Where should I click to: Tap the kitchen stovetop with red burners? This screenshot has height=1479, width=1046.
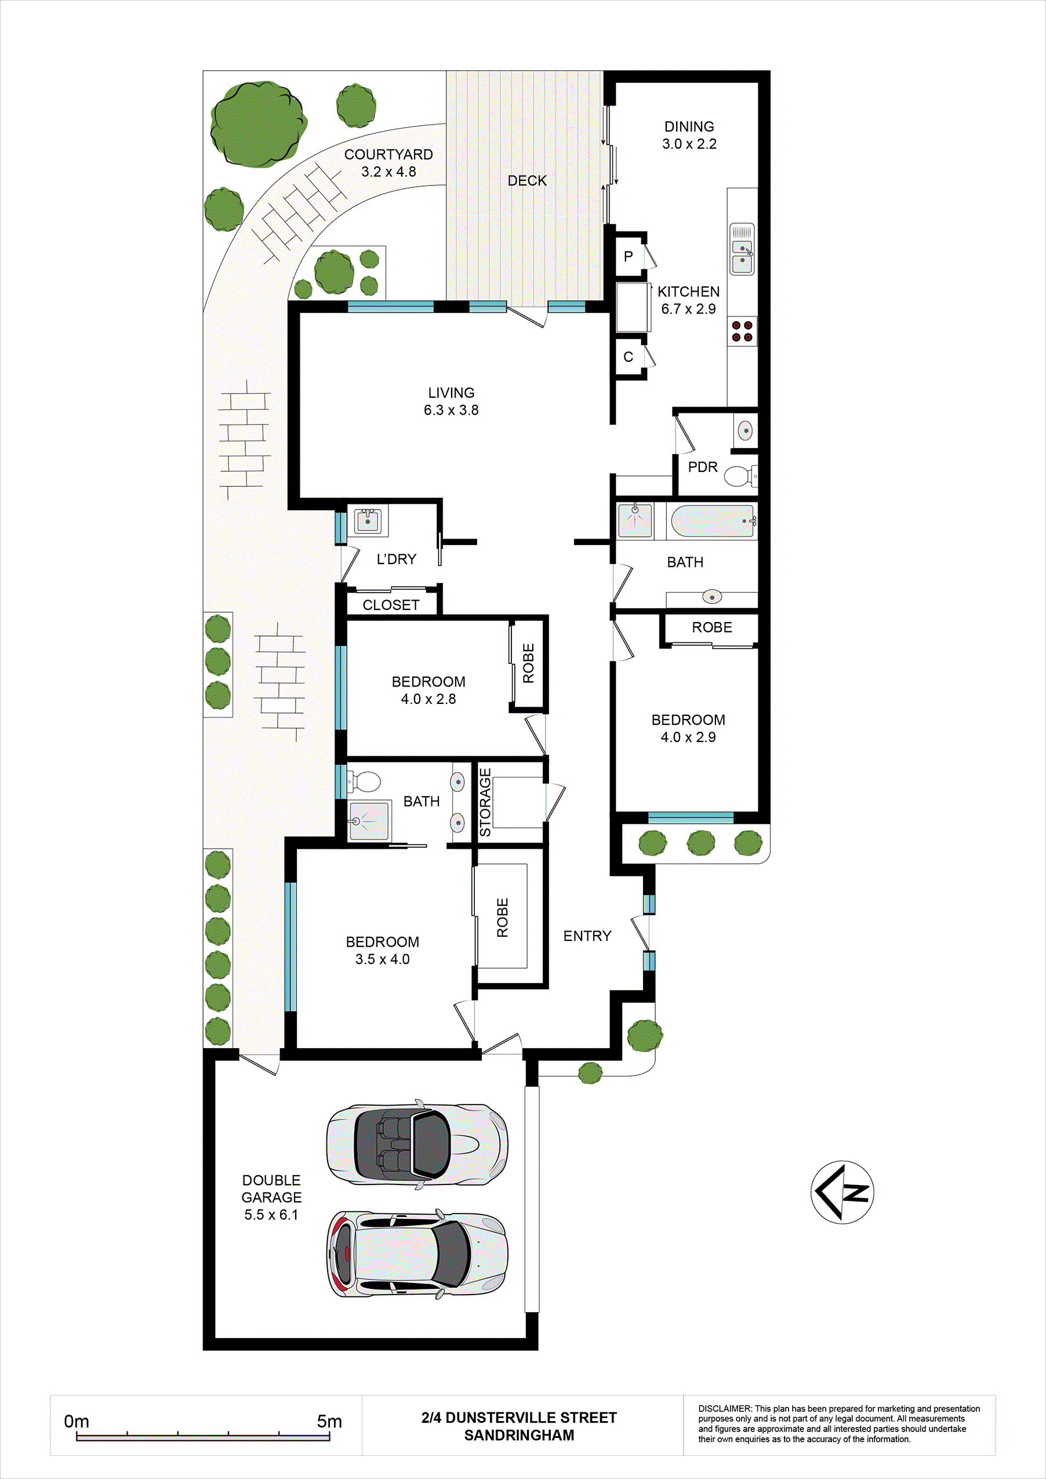click(742, 331)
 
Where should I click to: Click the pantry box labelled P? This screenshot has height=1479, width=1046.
click(628, 256)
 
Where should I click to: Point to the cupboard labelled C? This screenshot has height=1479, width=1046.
click(628, 357)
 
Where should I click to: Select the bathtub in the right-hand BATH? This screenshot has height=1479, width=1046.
click(711, 521)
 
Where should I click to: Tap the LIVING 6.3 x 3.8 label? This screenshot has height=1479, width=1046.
click(451, 401)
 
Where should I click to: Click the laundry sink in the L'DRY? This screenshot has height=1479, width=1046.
click(368, 521)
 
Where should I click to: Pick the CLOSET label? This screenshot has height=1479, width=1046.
click(390, 605)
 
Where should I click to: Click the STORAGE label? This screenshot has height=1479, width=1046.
click(485, 802)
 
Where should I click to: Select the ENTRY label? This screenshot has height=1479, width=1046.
click(587, 936)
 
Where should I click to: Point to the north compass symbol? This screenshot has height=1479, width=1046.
click(842, 1193)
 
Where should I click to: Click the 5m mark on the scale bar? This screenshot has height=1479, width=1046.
click(329, 1421)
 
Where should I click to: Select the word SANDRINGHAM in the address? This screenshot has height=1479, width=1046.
click(518, 1435)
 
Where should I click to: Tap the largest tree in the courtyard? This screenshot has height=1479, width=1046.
click(257, 123)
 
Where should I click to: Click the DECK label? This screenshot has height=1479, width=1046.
click(527, 181)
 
